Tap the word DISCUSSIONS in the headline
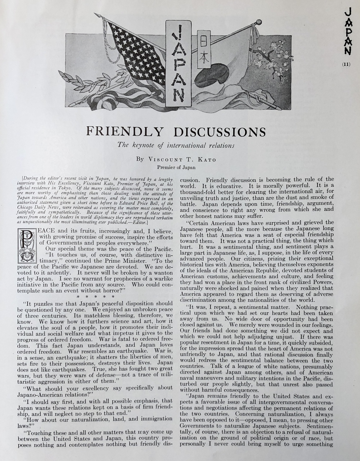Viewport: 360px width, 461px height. click(x=219, y=132)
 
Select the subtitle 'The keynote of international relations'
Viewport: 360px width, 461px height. click(x=176, y=146)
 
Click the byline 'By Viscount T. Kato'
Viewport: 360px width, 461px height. click(x=176, y=159)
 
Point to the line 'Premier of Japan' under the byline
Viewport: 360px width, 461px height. click(x=176, y=167)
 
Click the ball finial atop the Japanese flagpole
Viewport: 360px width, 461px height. click(x=258, y=23)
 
